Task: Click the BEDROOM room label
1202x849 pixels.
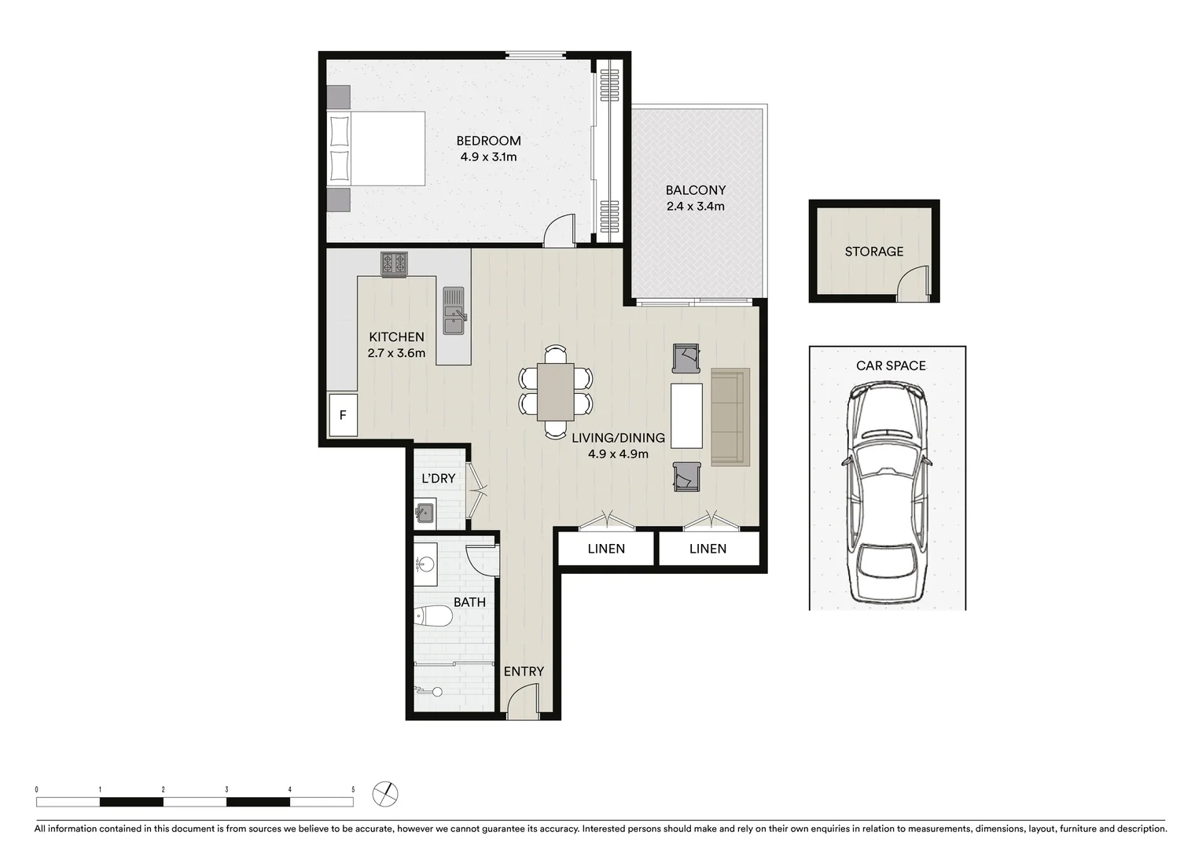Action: (488, 141)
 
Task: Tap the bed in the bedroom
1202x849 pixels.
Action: (376, 149)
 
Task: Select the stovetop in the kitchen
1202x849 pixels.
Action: (394, 263)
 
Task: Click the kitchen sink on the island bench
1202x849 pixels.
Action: (454, 311)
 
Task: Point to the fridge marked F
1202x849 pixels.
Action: (343, 415)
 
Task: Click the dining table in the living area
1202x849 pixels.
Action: (556, 391)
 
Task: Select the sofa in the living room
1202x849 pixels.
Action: (730, 417)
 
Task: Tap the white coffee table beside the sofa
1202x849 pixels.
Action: (686, 415)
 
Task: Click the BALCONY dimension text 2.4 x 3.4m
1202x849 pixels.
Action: (695, 207)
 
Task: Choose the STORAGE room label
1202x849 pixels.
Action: (873, 252)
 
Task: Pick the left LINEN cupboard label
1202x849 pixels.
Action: (606, 549)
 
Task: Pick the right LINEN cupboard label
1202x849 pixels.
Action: (708, 549)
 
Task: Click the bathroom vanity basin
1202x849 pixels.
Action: (425, 564)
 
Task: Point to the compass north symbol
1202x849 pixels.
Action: (385, 793)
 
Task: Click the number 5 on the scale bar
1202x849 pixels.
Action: (353, 789)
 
